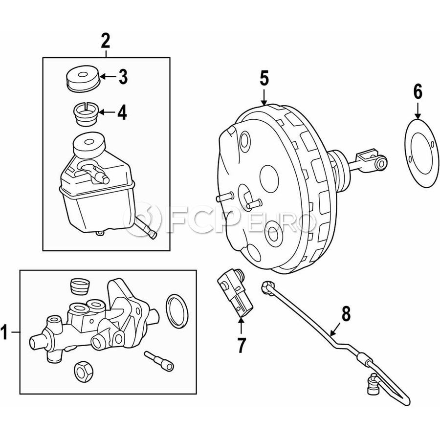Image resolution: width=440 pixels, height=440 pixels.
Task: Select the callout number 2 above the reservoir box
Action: tap(106, 41)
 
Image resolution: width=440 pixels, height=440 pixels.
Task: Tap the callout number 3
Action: tap(123, 77)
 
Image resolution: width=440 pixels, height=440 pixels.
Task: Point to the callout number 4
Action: tap(122, 112)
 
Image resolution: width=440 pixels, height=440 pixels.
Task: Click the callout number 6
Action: tap(418, 92)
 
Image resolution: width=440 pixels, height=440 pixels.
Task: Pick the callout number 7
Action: tap(241, 345)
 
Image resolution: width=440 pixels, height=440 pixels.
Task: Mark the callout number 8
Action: tap(346, 314)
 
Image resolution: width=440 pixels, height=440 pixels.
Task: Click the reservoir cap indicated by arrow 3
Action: tap(83, 79)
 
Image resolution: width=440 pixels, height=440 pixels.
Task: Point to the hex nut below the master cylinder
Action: tap(83, 372)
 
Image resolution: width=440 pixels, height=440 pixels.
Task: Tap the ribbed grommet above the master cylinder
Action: tap(79, 286)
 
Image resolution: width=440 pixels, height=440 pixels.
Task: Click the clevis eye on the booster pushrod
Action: tap(381, 163)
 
